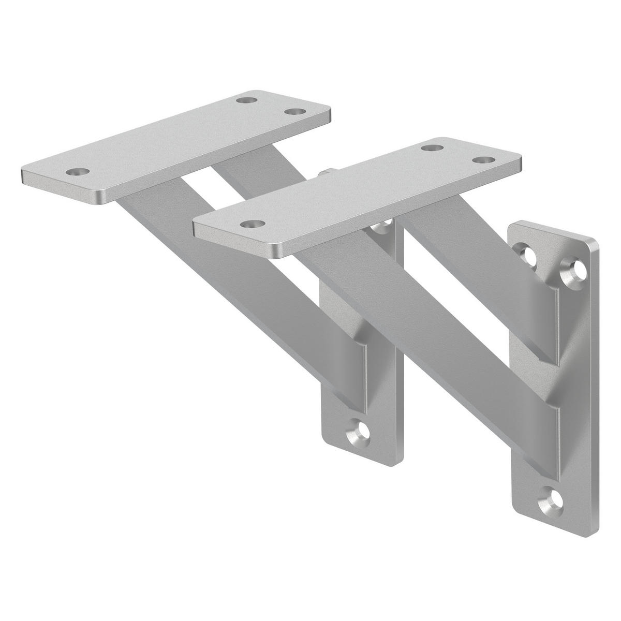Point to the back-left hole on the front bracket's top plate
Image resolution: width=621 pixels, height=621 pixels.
[430, 147]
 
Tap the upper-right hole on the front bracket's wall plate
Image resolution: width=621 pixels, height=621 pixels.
[575, 269]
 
